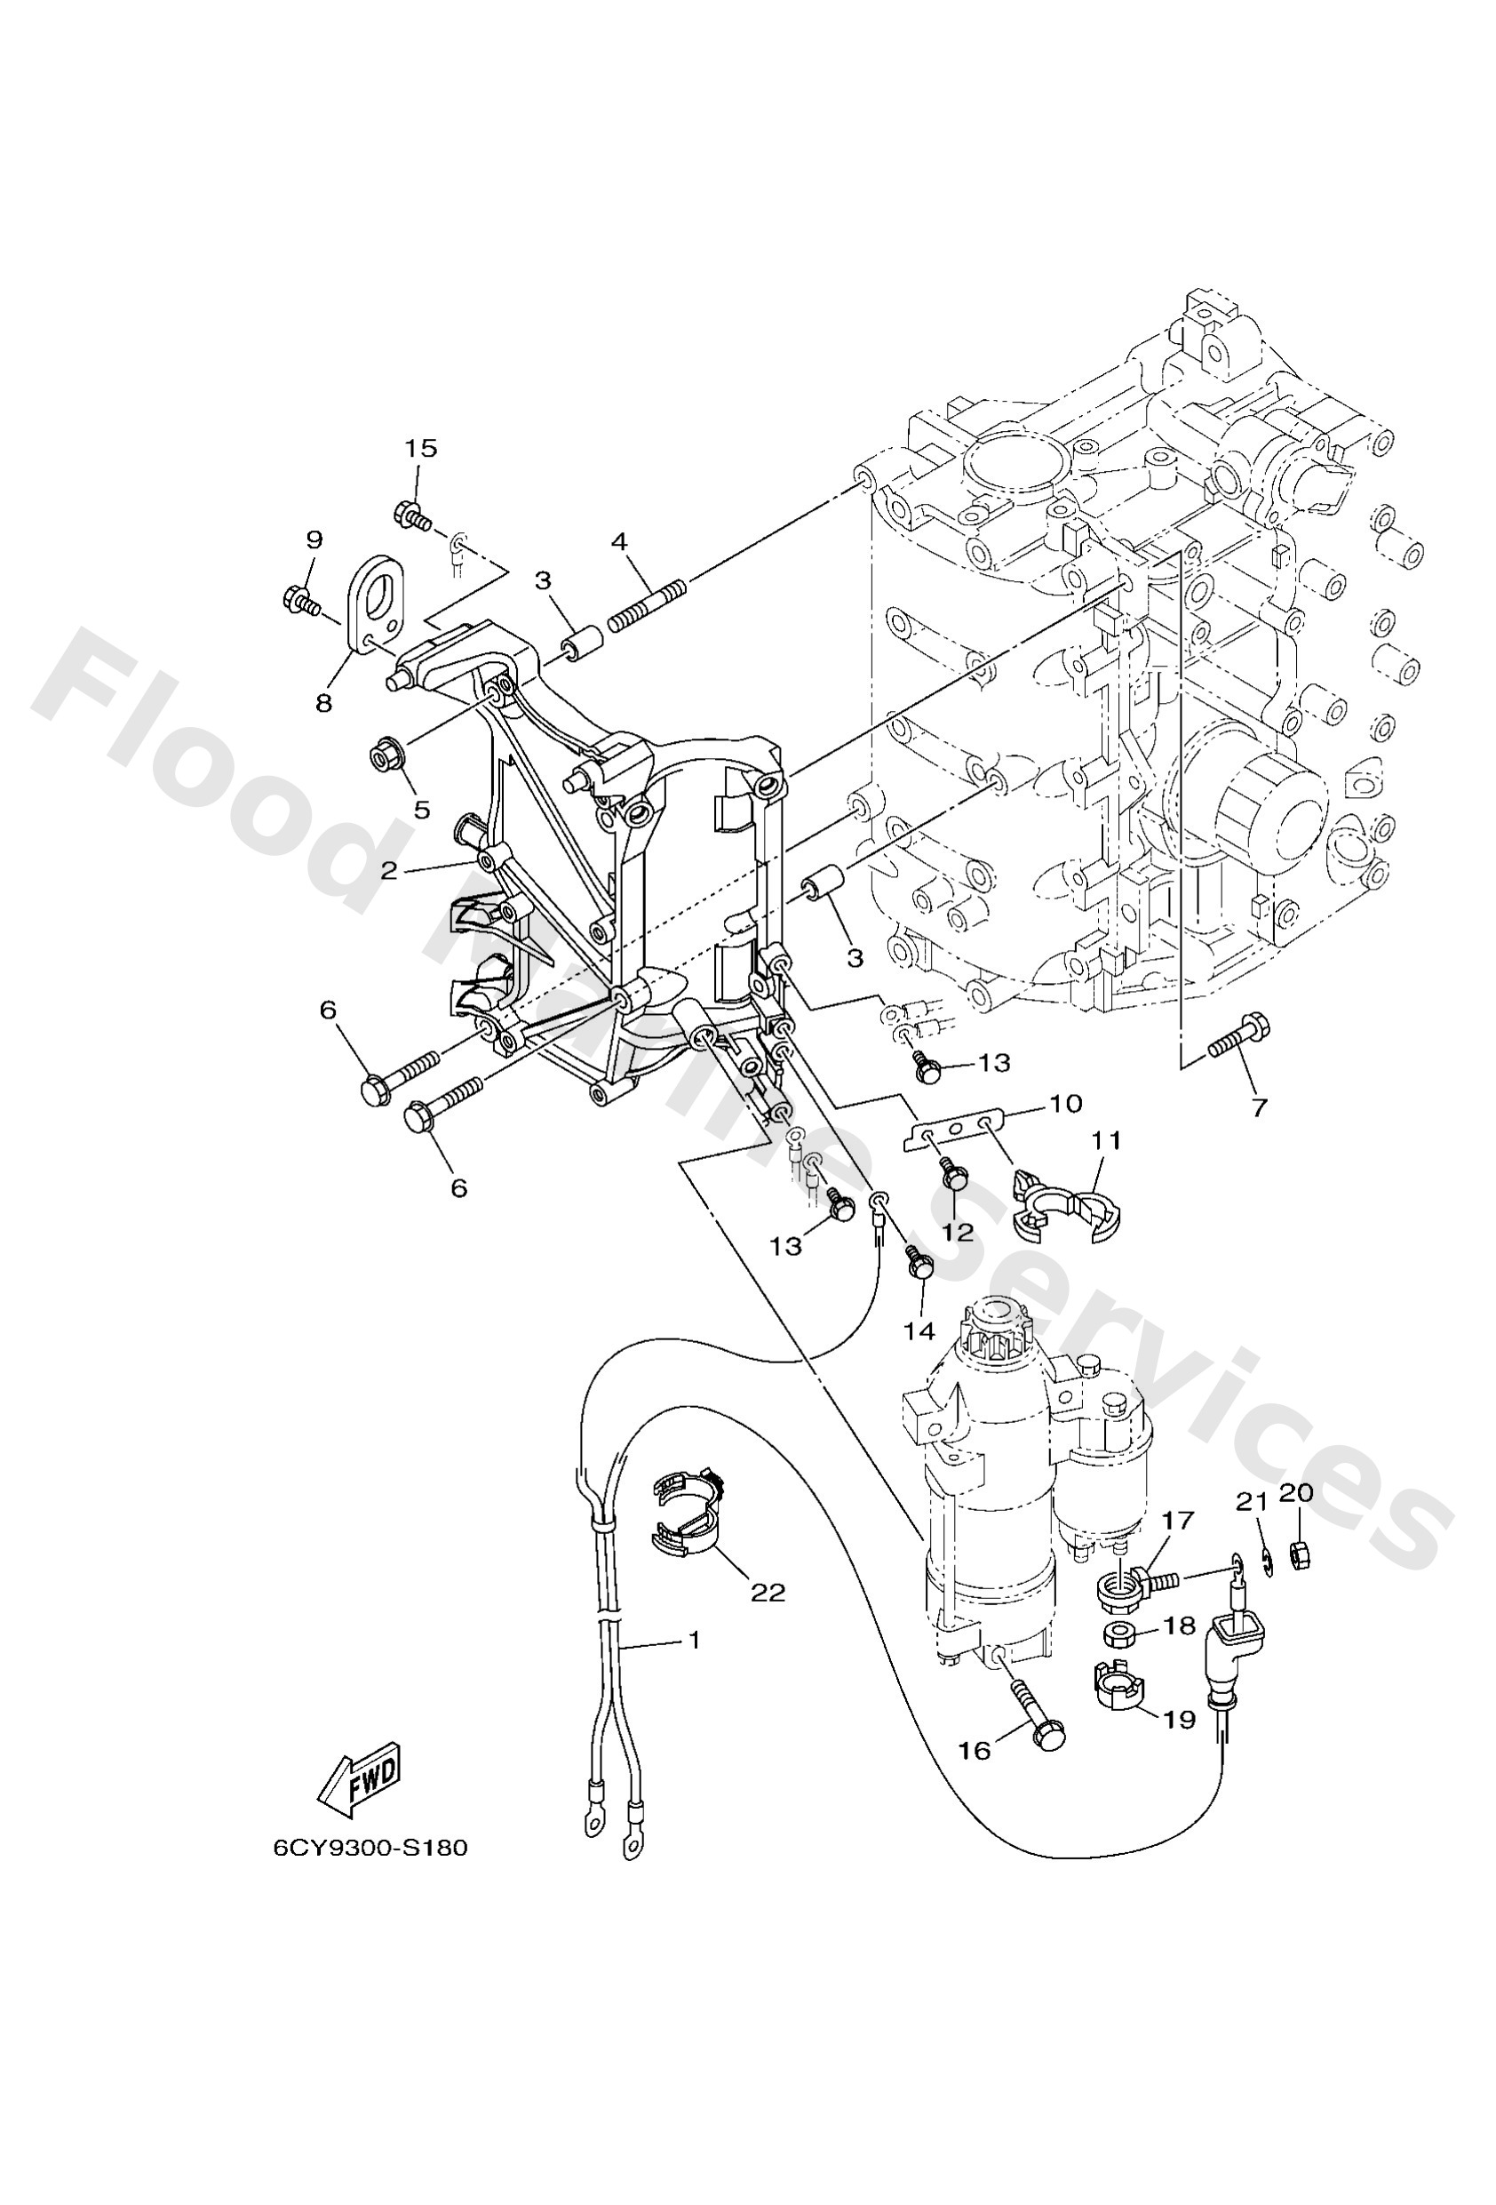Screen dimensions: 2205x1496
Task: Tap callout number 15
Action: [421, 448]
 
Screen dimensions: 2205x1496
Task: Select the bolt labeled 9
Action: [303, 600]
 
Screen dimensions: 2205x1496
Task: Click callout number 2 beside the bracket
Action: [389, 870]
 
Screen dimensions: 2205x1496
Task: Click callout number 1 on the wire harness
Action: [695, 1639]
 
